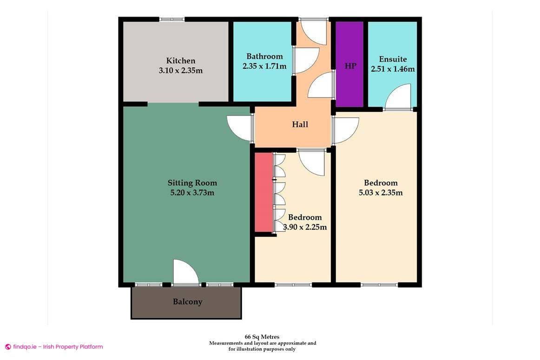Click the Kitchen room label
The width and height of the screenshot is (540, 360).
(181, 61)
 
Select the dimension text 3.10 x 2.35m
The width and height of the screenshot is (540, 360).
(181, 71)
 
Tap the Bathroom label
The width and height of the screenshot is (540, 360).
(264, 57)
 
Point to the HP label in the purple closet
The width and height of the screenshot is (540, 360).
(350, 66)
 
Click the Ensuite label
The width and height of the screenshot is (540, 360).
(393, 59)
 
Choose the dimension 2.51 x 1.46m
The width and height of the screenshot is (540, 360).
(393, 69)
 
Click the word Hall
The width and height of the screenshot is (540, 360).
(300, 124)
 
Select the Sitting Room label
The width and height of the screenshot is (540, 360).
(192, 183)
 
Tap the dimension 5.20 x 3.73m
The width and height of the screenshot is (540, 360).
(192, 193)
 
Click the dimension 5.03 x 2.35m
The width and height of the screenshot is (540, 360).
(381, 192)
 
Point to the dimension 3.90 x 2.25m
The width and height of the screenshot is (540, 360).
(305, 227)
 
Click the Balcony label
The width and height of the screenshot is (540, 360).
(187, 301)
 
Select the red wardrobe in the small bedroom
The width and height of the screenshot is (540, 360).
(263, 192)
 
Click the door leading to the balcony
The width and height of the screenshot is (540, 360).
(185, 273)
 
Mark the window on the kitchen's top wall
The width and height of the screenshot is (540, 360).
(172, 20)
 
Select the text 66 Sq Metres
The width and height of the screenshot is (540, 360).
(262, 337)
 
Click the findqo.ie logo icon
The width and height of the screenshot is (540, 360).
(8, 347)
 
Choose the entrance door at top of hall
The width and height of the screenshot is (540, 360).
(314, 31)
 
